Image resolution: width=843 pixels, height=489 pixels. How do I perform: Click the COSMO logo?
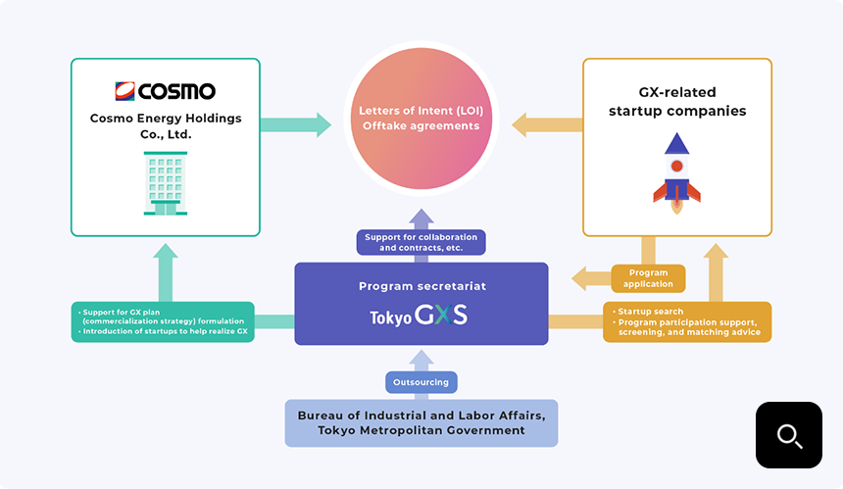coord(165,91)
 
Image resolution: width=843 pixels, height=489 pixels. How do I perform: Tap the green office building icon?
coord(165,182)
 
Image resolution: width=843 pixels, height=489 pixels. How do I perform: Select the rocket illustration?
coord(676,173)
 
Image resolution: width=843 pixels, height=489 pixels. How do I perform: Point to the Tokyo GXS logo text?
coord(420,317)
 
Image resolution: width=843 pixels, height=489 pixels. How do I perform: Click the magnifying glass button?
coord(788,434)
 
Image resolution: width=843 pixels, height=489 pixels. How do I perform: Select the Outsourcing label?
coord(421,382)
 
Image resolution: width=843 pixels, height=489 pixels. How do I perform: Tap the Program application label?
coord(648,278)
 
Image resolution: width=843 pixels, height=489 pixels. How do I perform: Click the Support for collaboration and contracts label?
coord(421,242)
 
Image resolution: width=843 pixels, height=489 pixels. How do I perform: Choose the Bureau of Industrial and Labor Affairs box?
coord(421,423)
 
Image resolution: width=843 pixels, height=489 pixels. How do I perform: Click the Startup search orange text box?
coord(686,321)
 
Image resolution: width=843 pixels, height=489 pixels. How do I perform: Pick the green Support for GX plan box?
coord(163,321)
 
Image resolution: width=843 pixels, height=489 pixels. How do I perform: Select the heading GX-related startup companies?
coord(676,102)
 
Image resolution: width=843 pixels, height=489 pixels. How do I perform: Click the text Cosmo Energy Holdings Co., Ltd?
coord(165,126)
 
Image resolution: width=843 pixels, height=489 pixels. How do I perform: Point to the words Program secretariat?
coord(421,287)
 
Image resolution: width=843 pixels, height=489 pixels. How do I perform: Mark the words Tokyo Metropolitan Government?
coord(421,431)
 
